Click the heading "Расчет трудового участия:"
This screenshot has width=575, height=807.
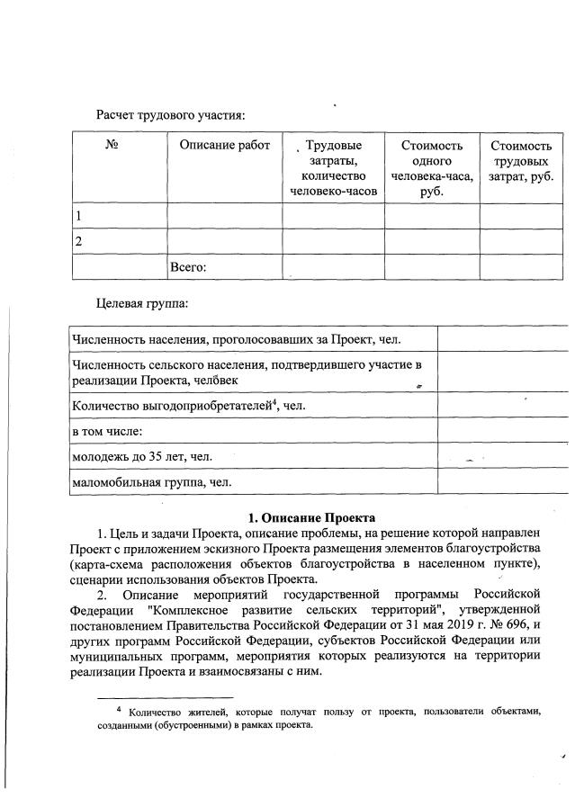[171, 114]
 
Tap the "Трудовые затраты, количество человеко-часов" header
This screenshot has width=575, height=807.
[334, 168]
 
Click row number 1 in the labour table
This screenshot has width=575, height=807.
[78, 216]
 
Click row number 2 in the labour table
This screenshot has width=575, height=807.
[78, 241]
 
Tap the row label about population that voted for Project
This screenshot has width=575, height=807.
[236, 338]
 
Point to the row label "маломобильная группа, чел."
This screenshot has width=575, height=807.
[151, 483]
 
